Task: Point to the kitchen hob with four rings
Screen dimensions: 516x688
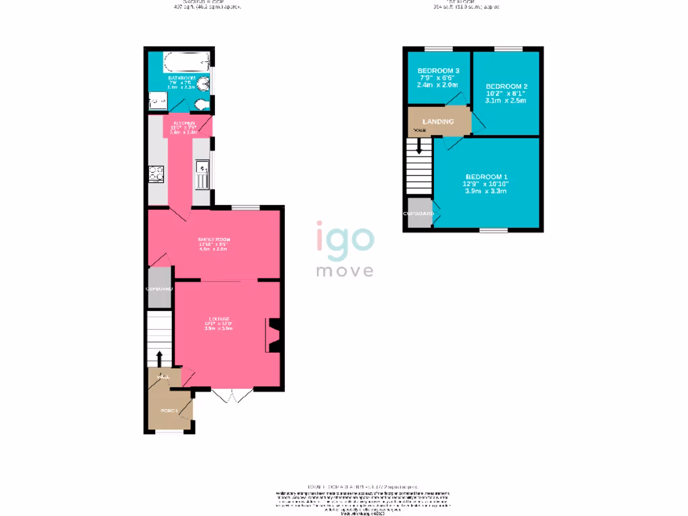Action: tap(157, 174)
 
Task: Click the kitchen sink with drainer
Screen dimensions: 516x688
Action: tap(202, 175)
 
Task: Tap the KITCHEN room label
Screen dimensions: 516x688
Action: tap(184, 124)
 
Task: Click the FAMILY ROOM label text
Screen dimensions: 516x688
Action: tap(214, 239)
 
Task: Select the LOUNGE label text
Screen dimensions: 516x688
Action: tap(218, 318)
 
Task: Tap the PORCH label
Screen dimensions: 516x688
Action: tap(168, 411)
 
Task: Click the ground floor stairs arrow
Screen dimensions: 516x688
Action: tap(160, 359)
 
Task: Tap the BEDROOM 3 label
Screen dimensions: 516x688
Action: tap(438, 71)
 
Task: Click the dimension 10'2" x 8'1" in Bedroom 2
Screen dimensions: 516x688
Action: tap(506, 94)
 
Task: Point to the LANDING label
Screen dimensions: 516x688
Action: tap(438, 122)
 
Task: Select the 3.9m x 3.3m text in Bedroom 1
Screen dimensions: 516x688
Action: tap(485, 191)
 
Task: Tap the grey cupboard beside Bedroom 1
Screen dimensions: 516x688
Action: tap(418, 213)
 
